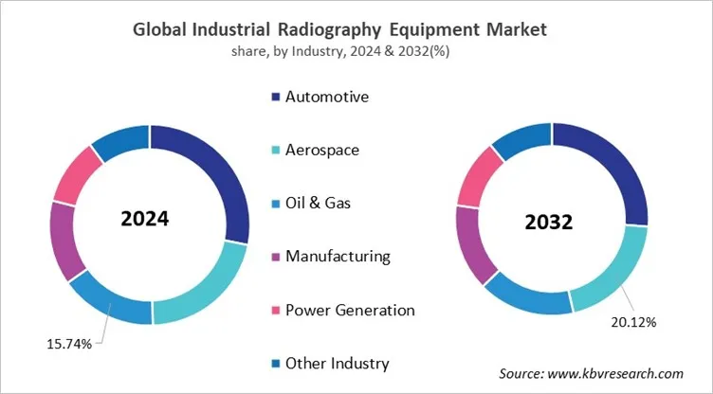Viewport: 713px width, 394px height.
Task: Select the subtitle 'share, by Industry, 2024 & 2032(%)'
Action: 356,51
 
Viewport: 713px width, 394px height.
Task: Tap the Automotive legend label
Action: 327,97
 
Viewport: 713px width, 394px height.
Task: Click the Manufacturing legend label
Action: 338,257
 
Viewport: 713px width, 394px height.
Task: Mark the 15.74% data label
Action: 68,344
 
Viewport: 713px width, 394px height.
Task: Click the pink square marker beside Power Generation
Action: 276,310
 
